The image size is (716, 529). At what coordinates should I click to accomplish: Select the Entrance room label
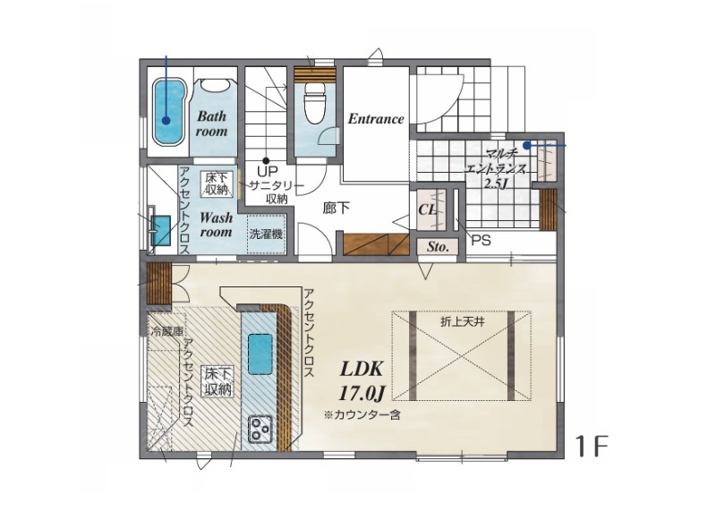point(376,119)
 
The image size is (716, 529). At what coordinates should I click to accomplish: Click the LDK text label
point(361,369)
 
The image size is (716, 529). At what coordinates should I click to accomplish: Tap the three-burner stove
point(260,429)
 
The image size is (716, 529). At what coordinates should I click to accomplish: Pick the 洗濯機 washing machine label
point(266,235)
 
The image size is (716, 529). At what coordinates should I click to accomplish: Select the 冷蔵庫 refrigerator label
point(166,332)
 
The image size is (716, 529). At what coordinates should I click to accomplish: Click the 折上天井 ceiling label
point(462,321)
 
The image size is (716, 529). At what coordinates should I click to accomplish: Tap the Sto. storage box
point(438,247)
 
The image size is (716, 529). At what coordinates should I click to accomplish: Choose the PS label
point(481,240)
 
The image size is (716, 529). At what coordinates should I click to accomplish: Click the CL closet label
point(428,210)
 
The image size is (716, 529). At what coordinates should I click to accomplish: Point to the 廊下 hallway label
point(337,209)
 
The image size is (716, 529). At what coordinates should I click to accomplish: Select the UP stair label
point(268,172)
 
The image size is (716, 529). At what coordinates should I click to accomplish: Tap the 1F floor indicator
point(592,446)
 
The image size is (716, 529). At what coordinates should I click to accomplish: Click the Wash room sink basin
point(161,230)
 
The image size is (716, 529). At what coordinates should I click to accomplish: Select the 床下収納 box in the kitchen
point(218,382)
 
